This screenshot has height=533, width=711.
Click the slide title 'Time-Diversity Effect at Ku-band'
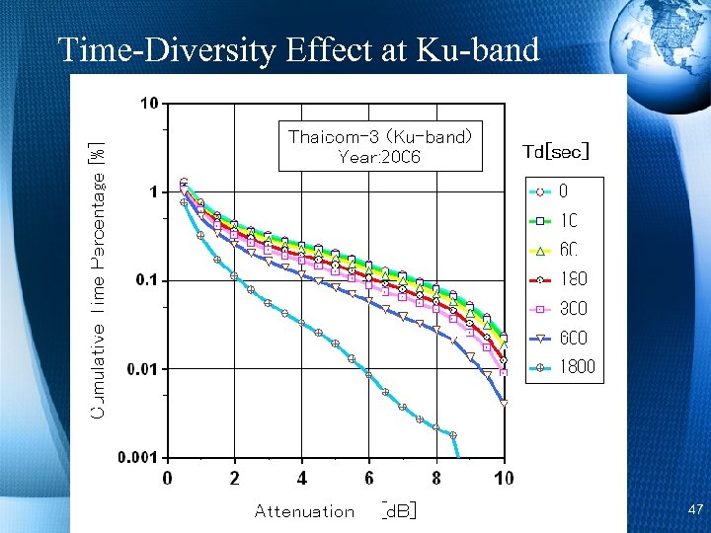point(298,48)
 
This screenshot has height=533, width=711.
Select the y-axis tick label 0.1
point(149,280)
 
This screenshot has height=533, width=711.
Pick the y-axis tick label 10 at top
point(148,104)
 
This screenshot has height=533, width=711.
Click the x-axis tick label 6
point(369,479)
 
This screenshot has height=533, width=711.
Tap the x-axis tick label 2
point(235,479)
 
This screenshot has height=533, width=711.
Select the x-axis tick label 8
point(436,479)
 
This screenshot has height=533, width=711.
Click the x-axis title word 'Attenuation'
point(304,511)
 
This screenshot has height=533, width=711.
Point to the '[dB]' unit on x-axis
point(399,510)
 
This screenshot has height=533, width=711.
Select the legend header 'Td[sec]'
point(556,151)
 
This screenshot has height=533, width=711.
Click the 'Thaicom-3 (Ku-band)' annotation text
point(380,136)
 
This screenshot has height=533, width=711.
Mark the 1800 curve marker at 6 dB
point(368,374)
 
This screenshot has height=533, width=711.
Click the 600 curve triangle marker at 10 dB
point(504,404)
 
